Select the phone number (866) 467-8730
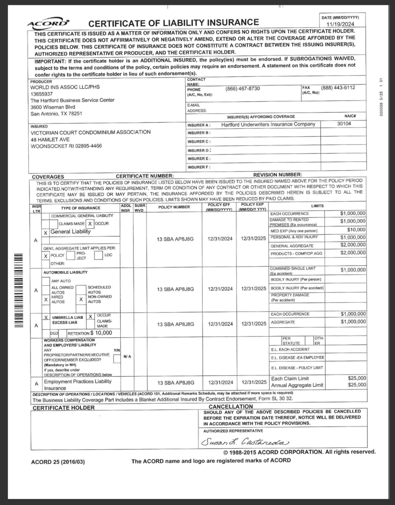tap(242, 88)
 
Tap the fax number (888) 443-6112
tap(338, 88)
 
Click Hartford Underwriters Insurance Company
tap(268, 124)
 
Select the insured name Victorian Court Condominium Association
tap(90, 132)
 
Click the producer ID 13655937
tap(43, 94)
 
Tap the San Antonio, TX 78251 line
tap(56, 113)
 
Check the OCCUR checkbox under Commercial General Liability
tap(90, 224)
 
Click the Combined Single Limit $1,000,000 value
tap(353, 270)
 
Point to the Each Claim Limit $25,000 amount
tap(357, 378)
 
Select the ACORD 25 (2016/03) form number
tap(58, 462)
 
